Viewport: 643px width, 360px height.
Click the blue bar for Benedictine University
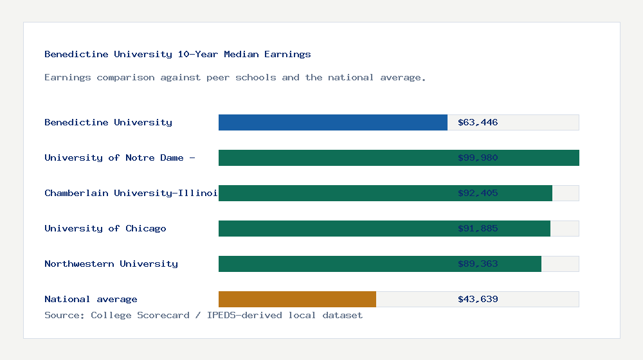click(x=333, y=122)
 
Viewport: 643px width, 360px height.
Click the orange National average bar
click(x=297, y=299)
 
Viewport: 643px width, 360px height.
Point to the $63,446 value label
click(x=478, y=122)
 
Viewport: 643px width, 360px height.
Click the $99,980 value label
click(x=478, y=157)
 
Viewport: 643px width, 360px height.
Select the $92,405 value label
click(x=478, y=193)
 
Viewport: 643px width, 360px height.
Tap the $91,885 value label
click(x=478, y=228)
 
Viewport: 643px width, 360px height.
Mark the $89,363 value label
click(x=478, y=264)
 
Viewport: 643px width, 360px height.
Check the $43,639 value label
click(x=478, y=299)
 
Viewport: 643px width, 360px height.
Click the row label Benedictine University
click(x=108, y=122)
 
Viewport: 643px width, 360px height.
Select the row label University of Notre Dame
click(x=120, y=157)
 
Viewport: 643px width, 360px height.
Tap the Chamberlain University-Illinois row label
click(x=131, y=193)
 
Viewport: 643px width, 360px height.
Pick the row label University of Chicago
click(x=105, y=228)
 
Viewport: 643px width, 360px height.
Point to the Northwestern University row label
click(x=111, y=264)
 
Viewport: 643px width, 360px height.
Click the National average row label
click(x=91, y=299)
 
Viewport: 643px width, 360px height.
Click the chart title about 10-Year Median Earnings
click(x=177, y=54)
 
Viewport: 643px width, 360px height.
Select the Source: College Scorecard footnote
click(x=203, y=315)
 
